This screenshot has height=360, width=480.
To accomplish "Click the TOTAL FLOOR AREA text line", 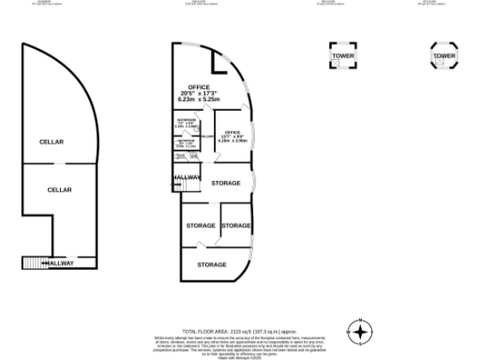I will click(x=239, y=332).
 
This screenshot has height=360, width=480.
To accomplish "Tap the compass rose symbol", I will click(x=360, y=332).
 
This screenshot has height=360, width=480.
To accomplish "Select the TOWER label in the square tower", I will click(x=342, y=57).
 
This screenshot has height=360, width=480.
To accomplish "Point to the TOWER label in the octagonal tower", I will click(x=443, y=57).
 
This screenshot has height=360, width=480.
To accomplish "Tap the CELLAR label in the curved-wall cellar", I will click(x=51, y=142).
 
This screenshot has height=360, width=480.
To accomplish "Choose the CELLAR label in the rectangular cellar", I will click(x=60, y=189).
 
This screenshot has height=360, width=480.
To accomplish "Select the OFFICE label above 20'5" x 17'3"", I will click(x=199, y=87).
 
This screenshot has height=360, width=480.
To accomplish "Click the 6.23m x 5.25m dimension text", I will click(x=198, y=100).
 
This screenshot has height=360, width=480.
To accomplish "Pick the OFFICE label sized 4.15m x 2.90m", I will click(x=231, y=132).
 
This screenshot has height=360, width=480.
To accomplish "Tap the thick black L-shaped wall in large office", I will click(x=220, y=66).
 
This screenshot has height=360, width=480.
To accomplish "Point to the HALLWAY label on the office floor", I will click(x=187, y=178).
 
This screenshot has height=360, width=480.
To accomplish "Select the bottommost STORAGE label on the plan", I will click(x=213, y=264).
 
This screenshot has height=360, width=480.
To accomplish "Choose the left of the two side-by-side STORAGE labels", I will click(x=201, y=226).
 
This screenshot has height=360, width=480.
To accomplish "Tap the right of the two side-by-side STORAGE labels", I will click(x=236, y=226).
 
